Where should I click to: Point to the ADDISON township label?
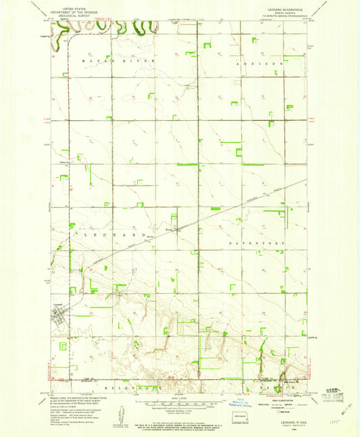[x=260, y=63]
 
